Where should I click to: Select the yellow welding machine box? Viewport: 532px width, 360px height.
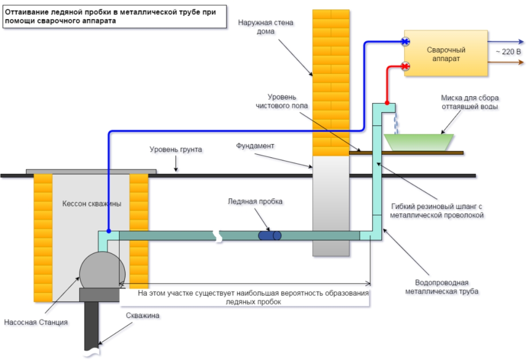446,53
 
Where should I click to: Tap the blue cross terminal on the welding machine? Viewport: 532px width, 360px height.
405,42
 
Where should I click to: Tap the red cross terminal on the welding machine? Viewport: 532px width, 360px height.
405,67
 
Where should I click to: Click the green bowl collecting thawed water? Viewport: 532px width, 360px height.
419,141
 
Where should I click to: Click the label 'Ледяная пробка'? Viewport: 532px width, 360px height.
255,201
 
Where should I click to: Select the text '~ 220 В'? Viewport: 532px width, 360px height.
508,52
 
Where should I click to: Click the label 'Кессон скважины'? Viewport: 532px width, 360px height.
91,203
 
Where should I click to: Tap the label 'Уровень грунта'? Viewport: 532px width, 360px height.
176,150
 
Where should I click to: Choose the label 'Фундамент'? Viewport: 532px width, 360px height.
255,145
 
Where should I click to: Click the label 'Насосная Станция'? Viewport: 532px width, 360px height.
36,322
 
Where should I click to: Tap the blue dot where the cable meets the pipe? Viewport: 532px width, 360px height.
109,231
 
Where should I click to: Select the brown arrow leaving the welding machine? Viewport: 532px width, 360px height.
505,63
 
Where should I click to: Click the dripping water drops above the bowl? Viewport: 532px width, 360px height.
396,122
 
